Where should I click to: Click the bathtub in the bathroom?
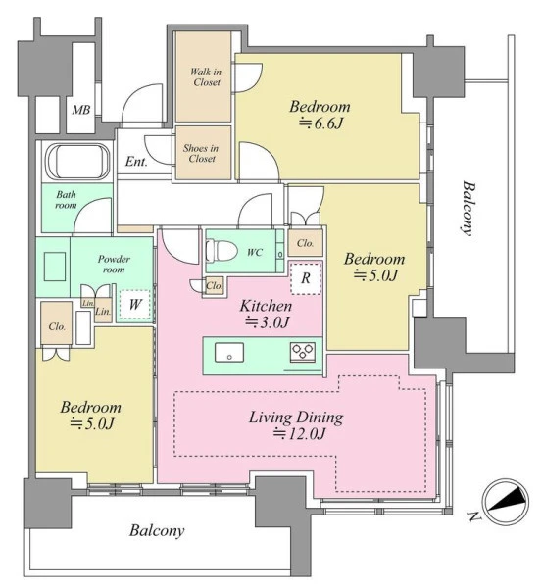[x=77, y=161]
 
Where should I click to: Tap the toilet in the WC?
[x=222, y=251]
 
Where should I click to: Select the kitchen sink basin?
[x=228, y=353]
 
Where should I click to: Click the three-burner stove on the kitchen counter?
[x=302, y=353]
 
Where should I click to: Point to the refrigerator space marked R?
[x=306, y=278]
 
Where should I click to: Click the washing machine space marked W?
[x=135, y=304]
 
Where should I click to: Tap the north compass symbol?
[x=506, y=501]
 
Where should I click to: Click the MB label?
[x=81, y=110]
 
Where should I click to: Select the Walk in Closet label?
[x=206, y=76]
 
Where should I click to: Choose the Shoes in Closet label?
[x=201, y=153]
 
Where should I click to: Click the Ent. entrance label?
[x=136, y=162]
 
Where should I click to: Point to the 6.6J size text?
[x=321, y=123]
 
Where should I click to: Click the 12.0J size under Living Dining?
[x=299, y=433]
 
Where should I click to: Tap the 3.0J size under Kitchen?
[x=267, y=322]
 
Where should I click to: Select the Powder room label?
[x=114, y=264]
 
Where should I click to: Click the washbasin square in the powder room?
[x=55, y=267]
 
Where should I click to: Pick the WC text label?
[x=254, y=253]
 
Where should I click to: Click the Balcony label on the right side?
[x=468, y=209]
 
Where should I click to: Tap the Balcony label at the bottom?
[x=157, y=531]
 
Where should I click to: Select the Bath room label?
[x=66, y=200]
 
